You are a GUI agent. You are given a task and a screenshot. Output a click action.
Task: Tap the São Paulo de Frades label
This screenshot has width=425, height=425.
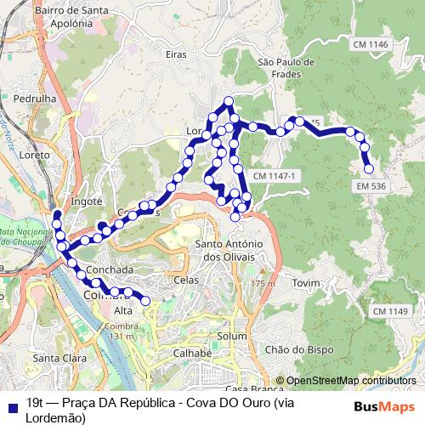pos(286,68)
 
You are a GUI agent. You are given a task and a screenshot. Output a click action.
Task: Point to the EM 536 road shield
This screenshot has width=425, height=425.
pos(372,184)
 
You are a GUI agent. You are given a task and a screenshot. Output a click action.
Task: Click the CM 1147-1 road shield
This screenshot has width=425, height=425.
pos(274,176)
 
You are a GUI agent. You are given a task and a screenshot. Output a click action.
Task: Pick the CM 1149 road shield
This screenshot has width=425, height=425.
pos(390,312)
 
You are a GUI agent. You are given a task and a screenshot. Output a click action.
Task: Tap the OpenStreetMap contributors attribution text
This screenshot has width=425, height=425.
pos(351,381)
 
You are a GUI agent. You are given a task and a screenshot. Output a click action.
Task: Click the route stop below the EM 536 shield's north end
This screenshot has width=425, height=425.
pos(369,168)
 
